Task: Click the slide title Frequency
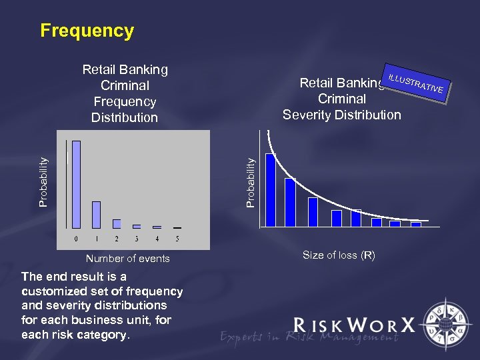click(x=87, y=31)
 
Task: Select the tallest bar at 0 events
click(x=76, y=184)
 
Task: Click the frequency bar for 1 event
click(x=96, y=214)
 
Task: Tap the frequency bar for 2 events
click(x=117, y=223)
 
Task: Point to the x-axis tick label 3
click(x=137, y=238)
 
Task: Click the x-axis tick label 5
click(x=177, y=238)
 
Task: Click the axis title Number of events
click(x=127, y=259)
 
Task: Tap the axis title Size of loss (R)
click(x=339, y=255)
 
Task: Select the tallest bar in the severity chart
click(x=270, y=190)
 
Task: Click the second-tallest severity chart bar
click(x=290, y=203)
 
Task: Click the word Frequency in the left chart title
click(x=125, y=101)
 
